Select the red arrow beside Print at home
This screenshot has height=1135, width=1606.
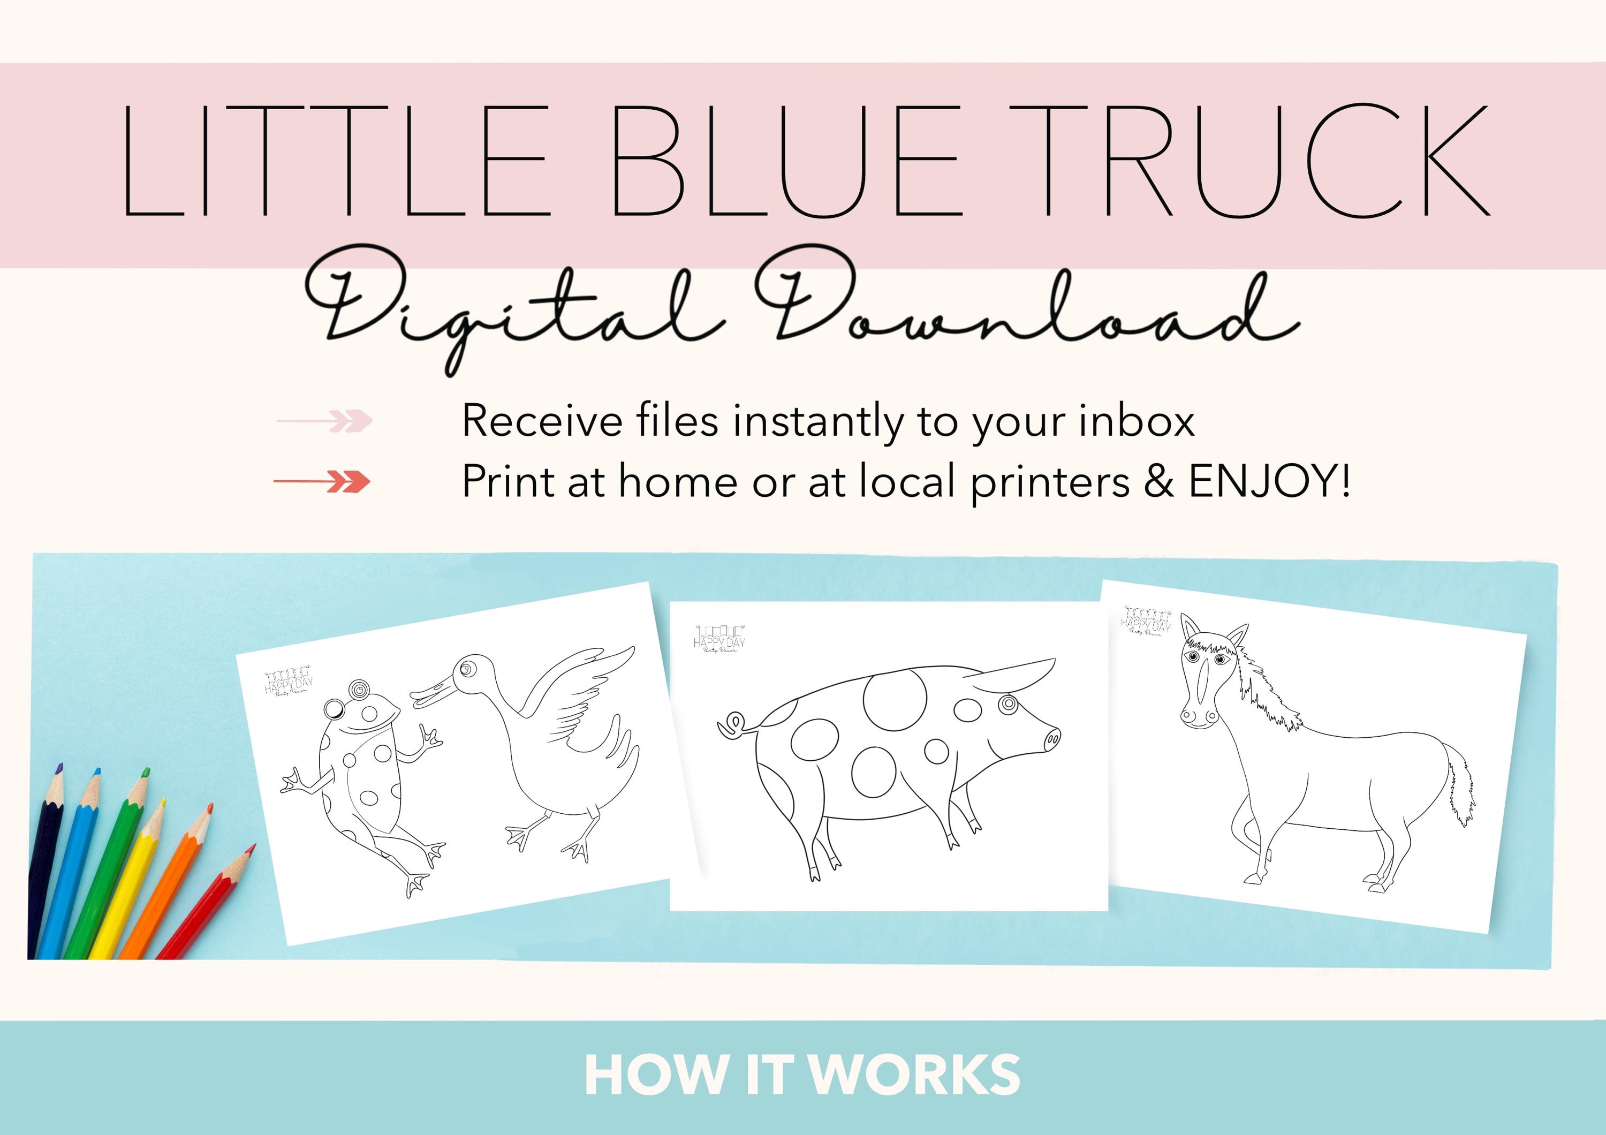[x=322, y=482]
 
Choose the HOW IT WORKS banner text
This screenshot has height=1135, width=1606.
[x=802, y=1075]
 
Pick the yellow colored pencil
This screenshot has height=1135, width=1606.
[x=130, y=881]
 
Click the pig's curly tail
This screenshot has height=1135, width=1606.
[x=733, y=725]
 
